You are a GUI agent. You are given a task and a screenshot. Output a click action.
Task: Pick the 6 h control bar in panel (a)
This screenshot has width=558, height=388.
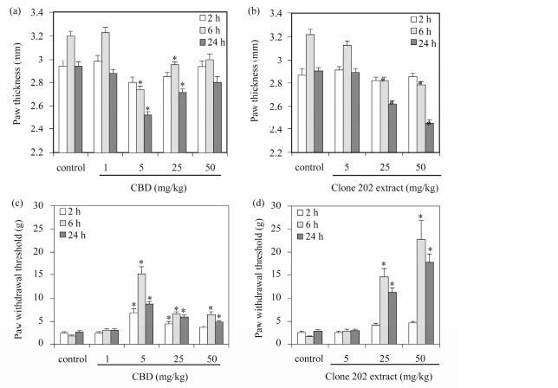pos(70,94)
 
